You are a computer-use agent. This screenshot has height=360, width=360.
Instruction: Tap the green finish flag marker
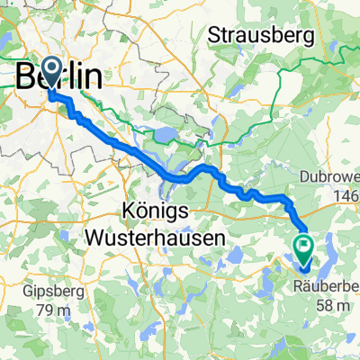(302, 245)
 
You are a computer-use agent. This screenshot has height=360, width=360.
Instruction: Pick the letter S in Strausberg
(215, 36)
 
